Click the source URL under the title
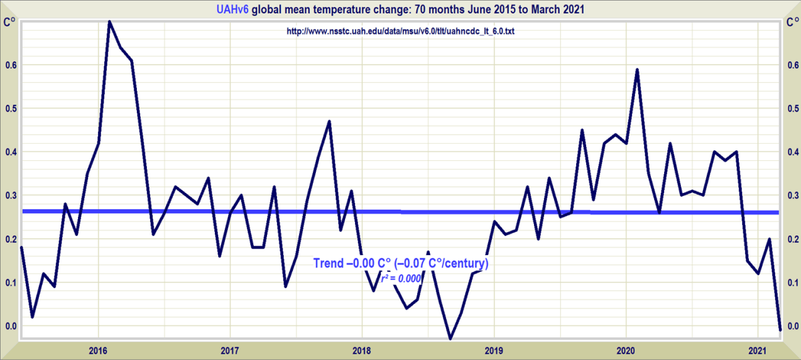pos(400,31)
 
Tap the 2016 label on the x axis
pos(98,350)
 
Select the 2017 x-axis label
pos(230,350)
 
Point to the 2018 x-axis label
pos(362,350)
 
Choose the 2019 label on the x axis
pos(493,350)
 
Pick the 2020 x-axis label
pos(625,350)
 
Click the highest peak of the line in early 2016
pos(109,22)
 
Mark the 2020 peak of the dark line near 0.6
pos(637,69)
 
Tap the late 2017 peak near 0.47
pos(329,122)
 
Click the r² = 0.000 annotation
pos(400,279)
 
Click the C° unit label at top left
pos(9,21)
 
